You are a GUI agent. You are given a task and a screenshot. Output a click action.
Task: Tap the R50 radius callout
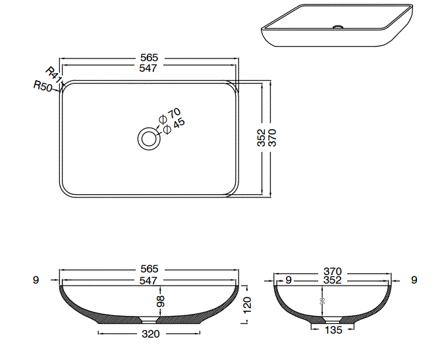click(43, 86)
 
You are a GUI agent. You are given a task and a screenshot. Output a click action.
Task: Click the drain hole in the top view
click(148, 138)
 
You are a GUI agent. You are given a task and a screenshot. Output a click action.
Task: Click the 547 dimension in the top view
click(150, 68)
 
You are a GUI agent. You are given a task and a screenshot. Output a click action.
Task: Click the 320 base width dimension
click(151, 334)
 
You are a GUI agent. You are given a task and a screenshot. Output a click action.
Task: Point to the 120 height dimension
click(247, 305)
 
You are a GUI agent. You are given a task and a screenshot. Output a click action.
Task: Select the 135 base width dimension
click(333, 330)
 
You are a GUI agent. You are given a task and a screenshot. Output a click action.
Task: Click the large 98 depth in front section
click(160, 303)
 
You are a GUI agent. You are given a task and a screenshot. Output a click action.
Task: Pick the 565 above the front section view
click(150, 269)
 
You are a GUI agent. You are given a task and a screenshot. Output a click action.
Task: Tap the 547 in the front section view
click(150, 280)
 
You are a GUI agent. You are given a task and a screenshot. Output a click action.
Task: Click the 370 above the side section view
click(333, 270)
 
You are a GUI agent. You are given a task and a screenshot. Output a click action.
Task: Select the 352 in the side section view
click(333, 280)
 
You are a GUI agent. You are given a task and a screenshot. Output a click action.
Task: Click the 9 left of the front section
click(36, 280)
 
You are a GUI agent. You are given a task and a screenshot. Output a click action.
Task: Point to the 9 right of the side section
click(414, 280)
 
